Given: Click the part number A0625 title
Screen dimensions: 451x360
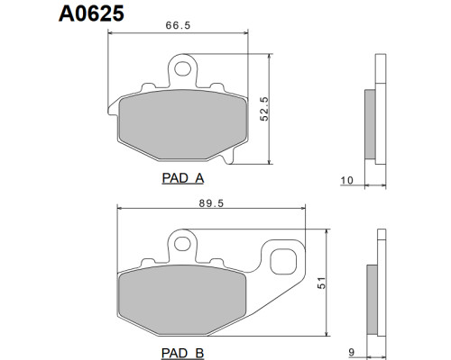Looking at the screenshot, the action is [91, 13].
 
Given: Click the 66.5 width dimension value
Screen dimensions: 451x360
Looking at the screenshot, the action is [178, 25].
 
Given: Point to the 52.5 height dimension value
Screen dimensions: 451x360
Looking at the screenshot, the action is [264, 109].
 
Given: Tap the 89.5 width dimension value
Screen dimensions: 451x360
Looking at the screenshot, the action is [211, 203].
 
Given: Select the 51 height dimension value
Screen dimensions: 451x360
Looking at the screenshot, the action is [322, 283].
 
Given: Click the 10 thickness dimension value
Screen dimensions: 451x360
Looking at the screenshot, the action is [346, 180].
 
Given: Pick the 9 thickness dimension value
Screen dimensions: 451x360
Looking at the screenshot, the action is [352, 352].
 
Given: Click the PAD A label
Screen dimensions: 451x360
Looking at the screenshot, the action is [183, 178].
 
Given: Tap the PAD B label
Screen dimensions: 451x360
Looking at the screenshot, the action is [183, 353].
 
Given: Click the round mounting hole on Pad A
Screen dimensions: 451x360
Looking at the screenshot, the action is [182, 68].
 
